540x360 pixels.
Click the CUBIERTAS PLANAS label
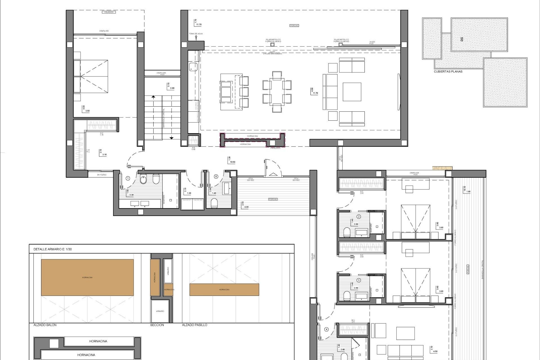[448, 71]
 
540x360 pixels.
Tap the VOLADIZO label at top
[108, 12]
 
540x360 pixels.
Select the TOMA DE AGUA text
[196, 34]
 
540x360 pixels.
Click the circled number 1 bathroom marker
[128, 178]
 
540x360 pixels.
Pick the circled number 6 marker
[216, 177]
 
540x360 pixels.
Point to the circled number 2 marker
[359, 217]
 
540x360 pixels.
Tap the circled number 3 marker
[359, 280]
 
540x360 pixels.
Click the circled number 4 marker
[326, 329]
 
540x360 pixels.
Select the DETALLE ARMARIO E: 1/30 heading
[53, 249]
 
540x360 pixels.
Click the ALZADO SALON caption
[45, 325]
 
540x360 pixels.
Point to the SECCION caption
[157, 325]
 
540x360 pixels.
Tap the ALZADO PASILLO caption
[195, 325]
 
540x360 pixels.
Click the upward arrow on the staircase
[153, 97]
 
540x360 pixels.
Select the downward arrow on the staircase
[171, 138]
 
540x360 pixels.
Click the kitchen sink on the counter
[193, 67]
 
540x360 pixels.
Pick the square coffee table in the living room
[352, 92]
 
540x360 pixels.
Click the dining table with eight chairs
[277, 92]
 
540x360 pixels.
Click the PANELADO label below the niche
[275, 148]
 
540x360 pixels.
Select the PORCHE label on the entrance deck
[273, 199]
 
